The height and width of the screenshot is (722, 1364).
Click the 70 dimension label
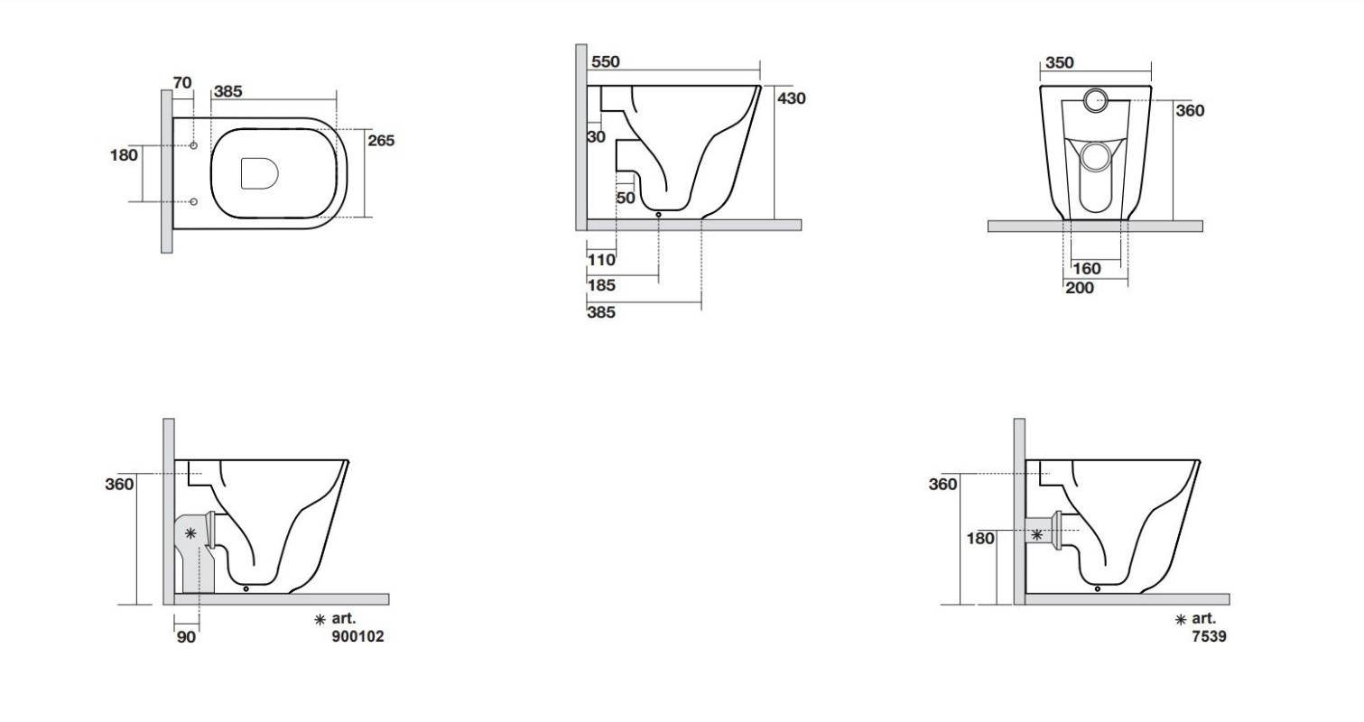(x=182, y=82)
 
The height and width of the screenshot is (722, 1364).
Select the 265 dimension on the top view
(x=381, y=140)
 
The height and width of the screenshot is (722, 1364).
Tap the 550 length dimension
(x=606, y=61)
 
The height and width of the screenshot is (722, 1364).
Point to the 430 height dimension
(x=792, y=98)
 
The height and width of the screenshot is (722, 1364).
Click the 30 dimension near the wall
(x=596, y=137)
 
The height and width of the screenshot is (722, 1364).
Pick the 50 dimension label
(x=626, y=198)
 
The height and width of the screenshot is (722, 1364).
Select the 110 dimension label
(x=601, y=260)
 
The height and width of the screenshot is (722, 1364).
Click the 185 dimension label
(x=601, y=285)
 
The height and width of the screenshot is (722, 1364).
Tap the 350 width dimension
(x=1060, y=62)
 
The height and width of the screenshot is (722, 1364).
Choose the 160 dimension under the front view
(x=1086, y=268)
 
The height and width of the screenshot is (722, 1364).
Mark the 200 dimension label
(x=1080, y=287)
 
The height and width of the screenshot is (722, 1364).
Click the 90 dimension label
(x=186, y=637)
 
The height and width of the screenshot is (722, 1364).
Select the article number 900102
(x=358, y=636)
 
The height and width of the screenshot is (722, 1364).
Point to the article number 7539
(x=1210, y=636)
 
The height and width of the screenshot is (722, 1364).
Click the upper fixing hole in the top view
(x=194, y=145)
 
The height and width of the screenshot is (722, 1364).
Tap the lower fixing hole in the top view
(x=194, y=201)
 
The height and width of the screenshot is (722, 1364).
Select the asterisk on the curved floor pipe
(x=190, y=533)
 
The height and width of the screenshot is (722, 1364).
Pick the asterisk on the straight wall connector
(x=1036, y=535)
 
